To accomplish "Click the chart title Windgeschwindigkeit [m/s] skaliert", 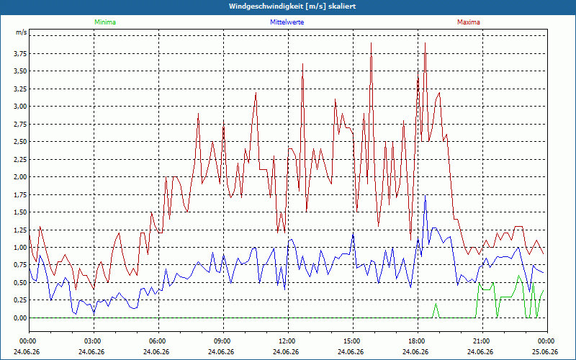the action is click(292, 6).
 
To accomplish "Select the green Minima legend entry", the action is click(105, 22).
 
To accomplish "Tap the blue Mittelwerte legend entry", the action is click(287, 22).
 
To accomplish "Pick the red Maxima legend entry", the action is click(469, 22).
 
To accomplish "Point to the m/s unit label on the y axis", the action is click(22, 32).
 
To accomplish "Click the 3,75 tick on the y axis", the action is click(21, 54).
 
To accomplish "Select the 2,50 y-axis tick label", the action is click(21, 142).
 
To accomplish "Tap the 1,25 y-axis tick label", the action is click(21, 230).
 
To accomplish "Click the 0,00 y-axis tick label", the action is click(21, 318).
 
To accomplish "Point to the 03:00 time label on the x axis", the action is click(94, 341).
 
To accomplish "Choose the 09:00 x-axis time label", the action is click(223, 341).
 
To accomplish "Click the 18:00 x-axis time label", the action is click(418, 341).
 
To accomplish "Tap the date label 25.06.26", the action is click(545, 351).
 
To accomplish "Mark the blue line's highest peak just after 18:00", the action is click(425, 195).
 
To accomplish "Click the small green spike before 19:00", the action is click(436, 304).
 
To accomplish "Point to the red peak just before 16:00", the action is click(371, 43).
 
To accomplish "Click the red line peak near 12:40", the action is click(302, 64).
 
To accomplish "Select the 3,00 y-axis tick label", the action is click(21, 107).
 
